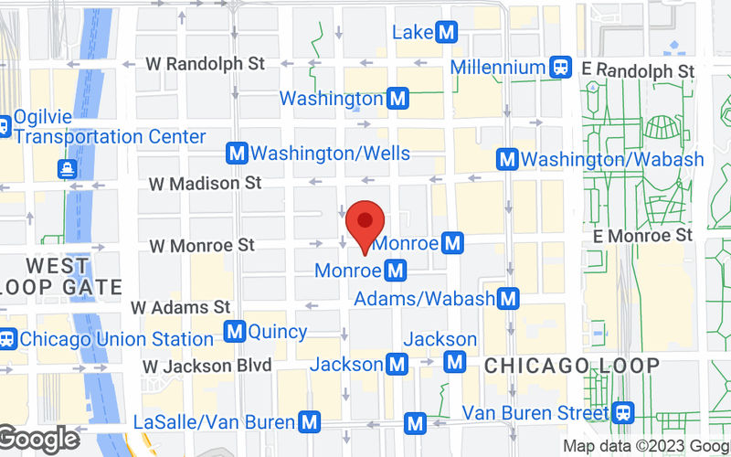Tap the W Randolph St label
pos(206,64)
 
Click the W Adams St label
pos(181,308)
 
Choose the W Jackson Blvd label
pos(207,366)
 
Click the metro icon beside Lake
pos(447,33)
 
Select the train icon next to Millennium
pos(561,67)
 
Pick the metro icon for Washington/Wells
pos(238,154)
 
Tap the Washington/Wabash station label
pos(612,159)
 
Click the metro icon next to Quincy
pos(234,331)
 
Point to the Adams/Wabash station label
pos(424,298)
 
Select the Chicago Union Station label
pos(116,339)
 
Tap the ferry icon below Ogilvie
pos(67,167)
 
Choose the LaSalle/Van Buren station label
pos(214,422)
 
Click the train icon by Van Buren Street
pos(624,412)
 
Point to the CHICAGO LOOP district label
pos(571,366)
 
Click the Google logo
pos(38,439)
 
